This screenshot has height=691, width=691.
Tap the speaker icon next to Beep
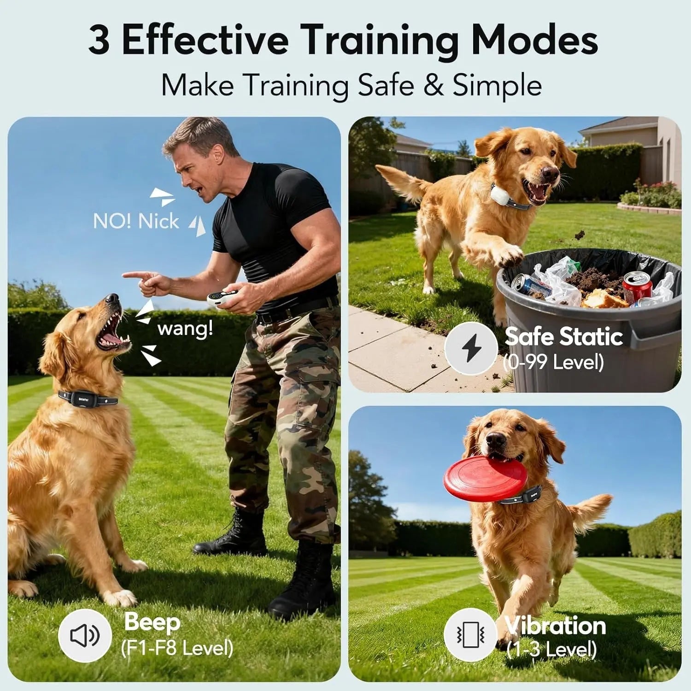85,635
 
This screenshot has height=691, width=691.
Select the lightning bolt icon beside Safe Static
471,348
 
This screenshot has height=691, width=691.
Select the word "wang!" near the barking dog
185,329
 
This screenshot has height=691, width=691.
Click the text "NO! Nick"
135,222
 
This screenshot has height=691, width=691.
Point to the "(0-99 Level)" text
553,362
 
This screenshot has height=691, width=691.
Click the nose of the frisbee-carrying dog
495,441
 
